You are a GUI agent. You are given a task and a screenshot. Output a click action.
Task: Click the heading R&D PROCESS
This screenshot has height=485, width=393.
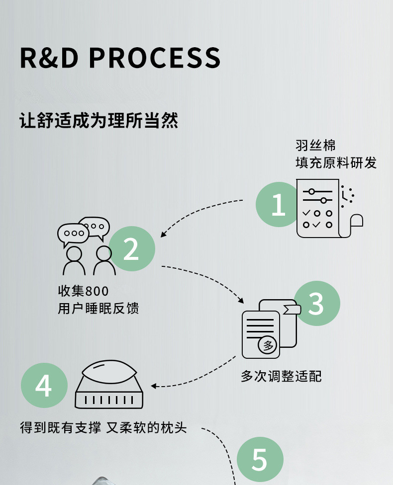120,58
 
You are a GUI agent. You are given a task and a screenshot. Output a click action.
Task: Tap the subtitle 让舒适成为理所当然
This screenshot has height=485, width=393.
99,120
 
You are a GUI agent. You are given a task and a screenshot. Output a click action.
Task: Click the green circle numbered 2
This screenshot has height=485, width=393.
132,248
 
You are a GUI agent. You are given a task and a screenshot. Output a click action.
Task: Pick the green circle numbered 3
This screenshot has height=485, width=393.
317,304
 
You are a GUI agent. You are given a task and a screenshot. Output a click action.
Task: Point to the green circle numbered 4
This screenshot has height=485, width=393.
44,386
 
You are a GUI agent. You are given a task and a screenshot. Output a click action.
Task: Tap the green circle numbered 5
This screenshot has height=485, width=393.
260,460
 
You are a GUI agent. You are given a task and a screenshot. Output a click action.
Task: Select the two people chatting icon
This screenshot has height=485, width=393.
84,246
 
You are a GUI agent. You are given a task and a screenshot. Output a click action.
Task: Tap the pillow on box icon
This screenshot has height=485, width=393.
109,384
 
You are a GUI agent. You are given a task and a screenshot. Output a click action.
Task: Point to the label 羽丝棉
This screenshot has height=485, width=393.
315,146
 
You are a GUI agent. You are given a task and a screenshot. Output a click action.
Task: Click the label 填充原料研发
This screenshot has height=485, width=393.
336,162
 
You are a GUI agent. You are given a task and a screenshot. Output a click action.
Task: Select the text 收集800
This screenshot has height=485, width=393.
83,291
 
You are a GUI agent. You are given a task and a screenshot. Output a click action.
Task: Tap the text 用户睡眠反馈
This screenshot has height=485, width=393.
98,309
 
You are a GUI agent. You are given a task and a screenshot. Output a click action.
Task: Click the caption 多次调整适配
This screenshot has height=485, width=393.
281,376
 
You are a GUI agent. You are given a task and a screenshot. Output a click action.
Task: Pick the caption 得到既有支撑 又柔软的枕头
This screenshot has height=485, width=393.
103,427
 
